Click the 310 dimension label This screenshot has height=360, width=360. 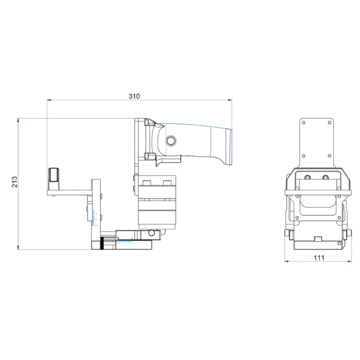coord(134,96)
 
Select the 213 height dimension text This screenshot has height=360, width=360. coord(14,182)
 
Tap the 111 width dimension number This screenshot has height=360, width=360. coord(319,258)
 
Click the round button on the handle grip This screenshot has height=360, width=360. coord(171,140)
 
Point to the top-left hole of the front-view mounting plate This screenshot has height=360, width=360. coord(303,122)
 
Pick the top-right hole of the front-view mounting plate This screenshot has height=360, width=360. coord(329,122)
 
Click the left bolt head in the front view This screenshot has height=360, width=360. coord(307,177)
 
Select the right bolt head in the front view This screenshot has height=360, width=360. coord(325,177)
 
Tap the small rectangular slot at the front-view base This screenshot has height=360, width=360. coord(318,239)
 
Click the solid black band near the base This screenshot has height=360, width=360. coord(102,243)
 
